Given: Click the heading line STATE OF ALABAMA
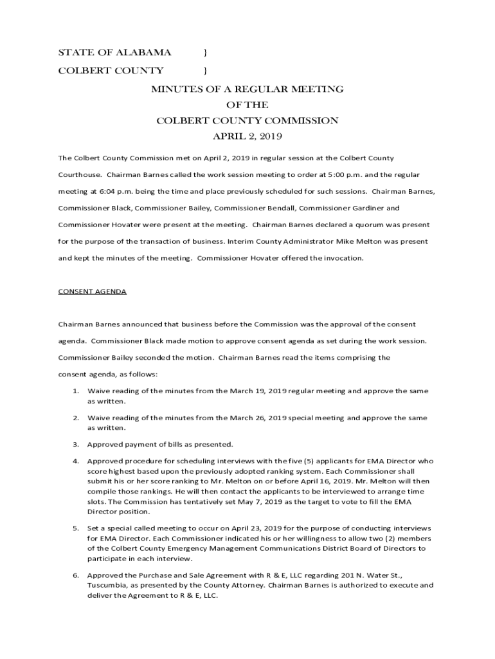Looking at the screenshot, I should pyautogui.click(x=115, y=52).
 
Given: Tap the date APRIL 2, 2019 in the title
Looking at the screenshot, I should pyautogui.click(x=248, y=136).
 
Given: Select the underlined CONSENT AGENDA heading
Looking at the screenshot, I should pyautogui.click(x=92, y=292).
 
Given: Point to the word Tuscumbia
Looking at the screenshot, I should pyautogui.click(x=109, y=586).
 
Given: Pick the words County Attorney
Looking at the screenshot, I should pyautogui.click(x=234, y=586).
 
